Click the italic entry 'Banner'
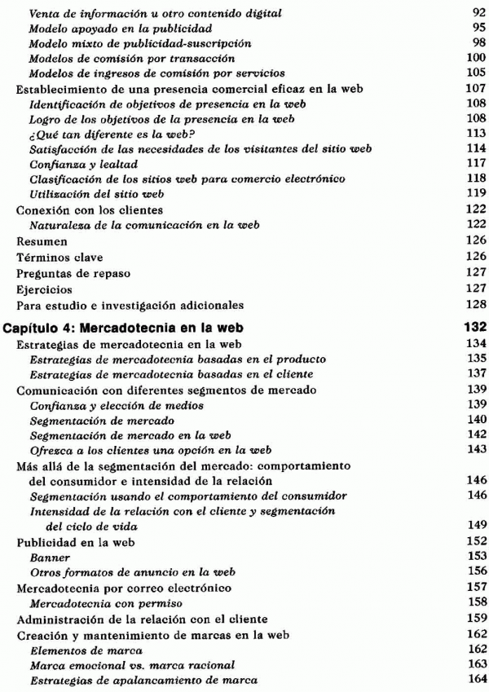pyautogui.click(x=46, y=557)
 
